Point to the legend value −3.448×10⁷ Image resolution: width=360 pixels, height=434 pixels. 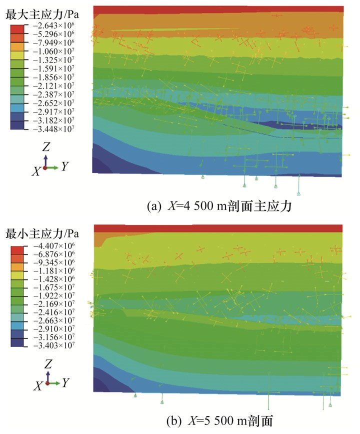coord(53,129)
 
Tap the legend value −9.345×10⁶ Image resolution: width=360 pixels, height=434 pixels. coord(53,262)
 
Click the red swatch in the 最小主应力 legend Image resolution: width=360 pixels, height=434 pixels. coord(18,247)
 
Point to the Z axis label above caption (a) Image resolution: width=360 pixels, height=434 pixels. coord(46,147)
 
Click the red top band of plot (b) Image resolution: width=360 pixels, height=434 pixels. coord(218,228)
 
